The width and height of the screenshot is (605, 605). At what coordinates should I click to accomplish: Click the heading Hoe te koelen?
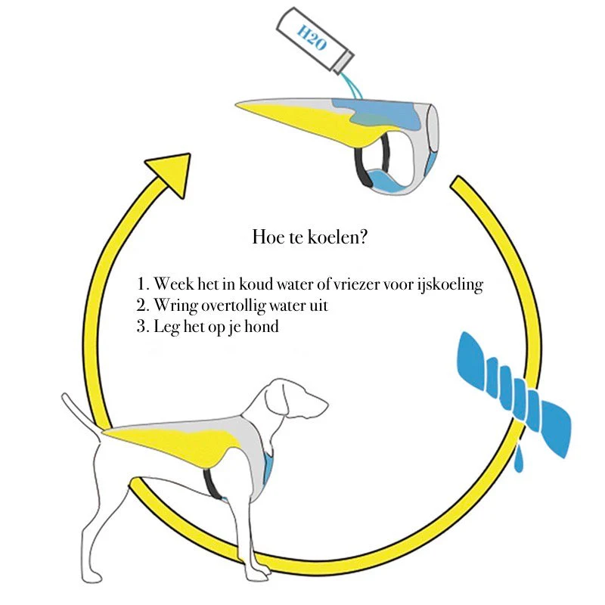(309, 237)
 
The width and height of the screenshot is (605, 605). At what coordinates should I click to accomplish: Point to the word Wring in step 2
(176, 306)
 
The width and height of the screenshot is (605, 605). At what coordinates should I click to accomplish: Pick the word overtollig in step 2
(234, 306)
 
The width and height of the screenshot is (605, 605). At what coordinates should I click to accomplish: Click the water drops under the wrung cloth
(519, 458)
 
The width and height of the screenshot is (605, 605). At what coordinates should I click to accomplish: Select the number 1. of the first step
(143, 285)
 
